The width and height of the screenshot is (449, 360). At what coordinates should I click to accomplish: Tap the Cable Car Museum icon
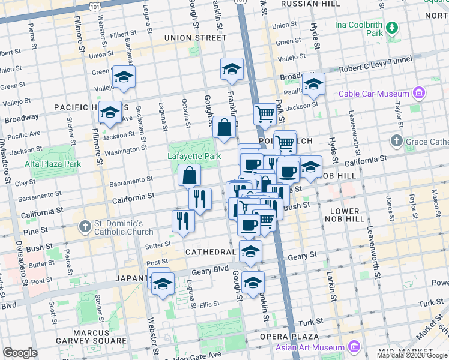pos(419,93)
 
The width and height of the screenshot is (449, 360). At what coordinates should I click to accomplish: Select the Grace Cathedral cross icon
pos(396,142)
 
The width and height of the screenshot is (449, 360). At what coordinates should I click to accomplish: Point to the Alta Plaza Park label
pos(53,164)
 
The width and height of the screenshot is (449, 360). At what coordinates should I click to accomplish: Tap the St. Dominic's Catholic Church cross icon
pos(85,227)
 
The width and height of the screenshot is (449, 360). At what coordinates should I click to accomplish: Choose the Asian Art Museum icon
pos(353,347)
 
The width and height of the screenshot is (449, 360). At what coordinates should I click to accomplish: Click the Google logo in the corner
pos(20,353)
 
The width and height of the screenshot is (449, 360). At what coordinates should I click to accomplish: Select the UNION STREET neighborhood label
pos(191,38)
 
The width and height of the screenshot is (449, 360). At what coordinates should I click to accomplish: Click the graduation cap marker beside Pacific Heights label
pos(110,112)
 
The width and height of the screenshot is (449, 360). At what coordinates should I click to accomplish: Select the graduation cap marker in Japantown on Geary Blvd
pos(162,284)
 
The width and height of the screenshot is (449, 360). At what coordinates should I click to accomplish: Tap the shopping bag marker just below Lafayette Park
pos(189,176)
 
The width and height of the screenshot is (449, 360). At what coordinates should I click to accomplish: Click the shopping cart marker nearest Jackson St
pos(264,113)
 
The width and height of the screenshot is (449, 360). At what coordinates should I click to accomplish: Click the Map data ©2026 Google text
pos(412,355)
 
